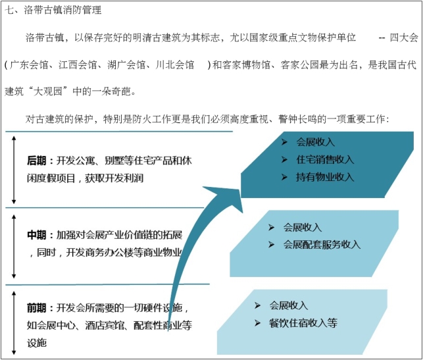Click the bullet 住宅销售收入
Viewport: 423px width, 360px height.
tap(325, 159)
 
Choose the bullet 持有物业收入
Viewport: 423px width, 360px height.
tap(325, 176)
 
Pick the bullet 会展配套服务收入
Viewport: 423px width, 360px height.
tap(322, 244)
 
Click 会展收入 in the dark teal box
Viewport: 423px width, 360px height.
tap(316, 142)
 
